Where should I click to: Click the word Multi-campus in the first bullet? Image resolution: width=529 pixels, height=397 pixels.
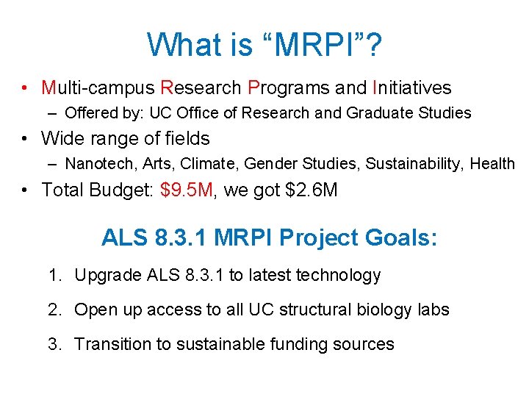(98, 88)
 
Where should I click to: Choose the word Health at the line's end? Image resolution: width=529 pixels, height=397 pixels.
(492, 164)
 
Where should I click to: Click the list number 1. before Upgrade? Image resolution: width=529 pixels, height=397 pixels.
(55, 276)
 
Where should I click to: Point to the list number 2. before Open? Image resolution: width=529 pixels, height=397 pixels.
(55, 310)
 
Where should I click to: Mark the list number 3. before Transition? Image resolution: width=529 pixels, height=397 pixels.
(55, 344)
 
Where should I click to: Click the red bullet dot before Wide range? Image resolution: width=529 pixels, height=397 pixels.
(26, 139)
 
